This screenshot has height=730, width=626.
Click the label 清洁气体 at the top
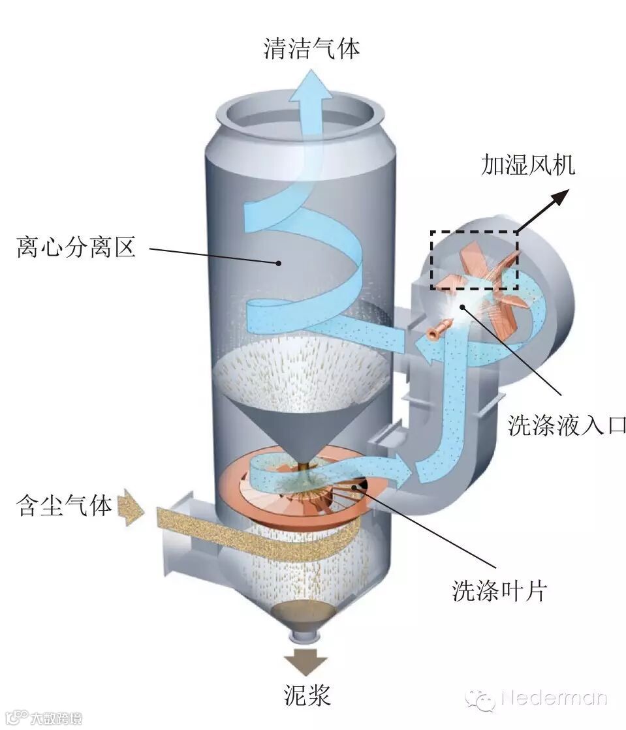coord(311,49)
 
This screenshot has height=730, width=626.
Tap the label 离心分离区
coord(76,247)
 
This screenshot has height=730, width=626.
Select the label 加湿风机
coord(528,166)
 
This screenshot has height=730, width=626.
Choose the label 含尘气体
coord(65,506)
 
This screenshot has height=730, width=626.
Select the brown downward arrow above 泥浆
coord(305,661)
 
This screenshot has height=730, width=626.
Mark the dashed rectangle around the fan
coord(474,260)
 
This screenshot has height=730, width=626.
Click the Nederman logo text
coord(554,699)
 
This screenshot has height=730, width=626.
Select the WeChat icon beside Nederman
coord(480,700)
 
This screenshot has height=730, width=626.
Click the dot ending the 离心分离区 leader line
coord(279,263)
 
